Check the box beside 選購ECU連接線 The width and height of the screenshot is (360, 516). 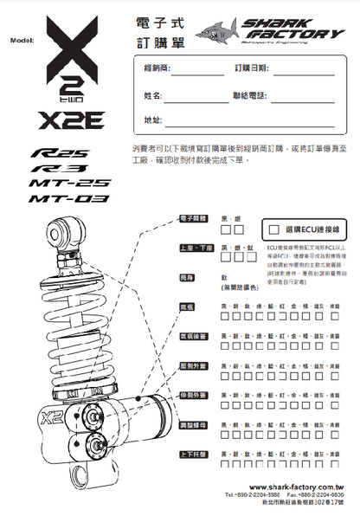tap(274, 230)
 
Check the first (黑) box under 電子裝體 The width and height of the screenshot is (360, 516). tap(226, 231)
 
